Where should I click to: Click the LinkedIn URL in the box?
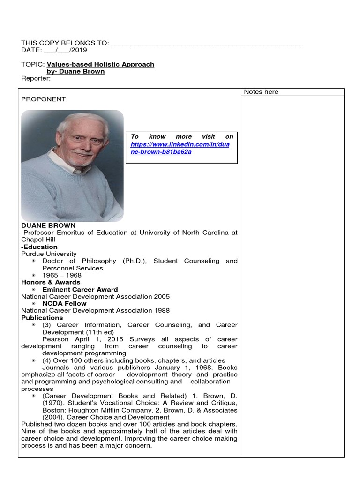[180, 148]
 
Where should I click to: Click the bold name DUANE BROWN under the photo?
[48, 225]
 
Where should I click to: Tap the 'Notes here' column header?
[261, 92]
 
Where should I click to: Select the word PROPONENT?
[45, 99]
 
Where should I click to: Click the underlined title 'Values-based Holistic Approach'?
[100, 64]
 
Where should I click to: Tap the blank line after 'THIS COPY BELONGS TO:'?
[206, 44]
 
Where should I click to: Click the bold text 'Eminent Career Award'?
[80, 290]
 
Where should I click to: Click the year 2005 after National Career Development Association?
[161, 297]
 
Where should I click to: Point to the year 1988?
[161, 311]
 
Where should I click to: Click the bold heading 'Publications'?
[42, 318]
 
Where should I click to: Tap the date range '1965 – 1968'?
[61, 275]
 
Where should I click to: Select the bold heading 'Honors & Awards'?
[51, 282]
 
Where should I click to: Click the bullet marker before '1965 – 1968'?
[33, 275]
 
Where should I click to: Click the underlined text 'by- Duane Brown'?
[76, 72]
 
